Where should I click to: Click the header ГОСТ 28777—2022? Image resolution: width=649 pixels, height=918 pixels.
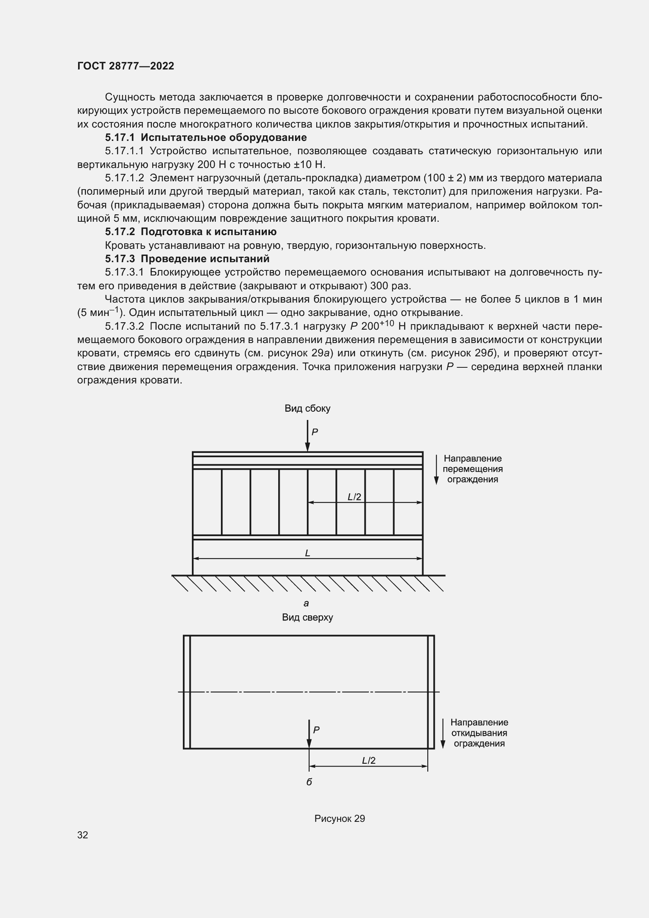coord(126,66)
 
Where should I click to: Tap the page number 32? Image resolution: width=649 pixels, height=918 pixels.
coord(83,835)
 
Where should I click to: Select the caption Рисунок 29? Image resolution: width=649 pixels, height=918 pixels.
coord(339,818)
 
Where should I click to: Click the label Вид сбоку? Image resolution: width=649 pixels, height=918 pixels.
coord(307,408)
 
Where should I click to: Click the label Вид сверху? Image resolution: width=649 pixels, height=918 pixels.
coord(307,617)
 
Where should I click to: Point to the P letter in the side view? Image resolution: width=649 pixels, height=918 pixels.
coord(315,432)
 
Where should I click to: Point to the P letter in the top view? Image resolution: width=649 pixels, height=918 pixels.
coord(316,730)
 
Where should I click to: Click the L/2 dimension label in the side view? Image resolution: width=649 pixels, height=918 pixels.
coord(354,496)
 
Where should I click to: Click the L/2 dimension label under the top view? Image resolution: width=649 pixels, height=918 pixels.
coord(368,761)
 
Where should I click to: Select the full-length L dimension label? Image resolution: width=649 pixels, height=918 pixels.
coord(307,553)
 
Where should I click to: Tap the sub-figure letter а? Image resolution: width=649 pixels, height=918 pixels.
coord(306,603)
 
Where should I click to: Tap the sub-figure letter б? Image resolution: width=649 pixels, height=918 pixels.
coord(309,782)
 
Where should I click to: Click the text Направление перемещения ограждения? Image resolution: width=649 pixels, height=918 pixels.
coord(472,469)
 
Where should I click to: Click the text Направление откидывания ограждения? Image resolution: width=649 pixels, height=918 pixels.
coord(479,733)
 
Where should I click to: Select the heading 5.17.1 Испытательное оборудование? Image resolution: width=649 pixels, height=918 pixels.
coord(206,137)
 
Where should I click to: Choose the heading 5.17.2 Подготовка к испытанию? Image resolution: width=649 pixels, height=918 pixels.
coord(191,232)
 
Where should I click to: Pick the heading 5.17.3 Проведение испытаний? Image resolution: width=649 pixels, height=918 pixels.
coord(187,259)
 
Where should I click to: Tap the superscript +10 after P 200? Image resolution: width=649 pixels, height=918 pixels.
coord(387,323)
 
